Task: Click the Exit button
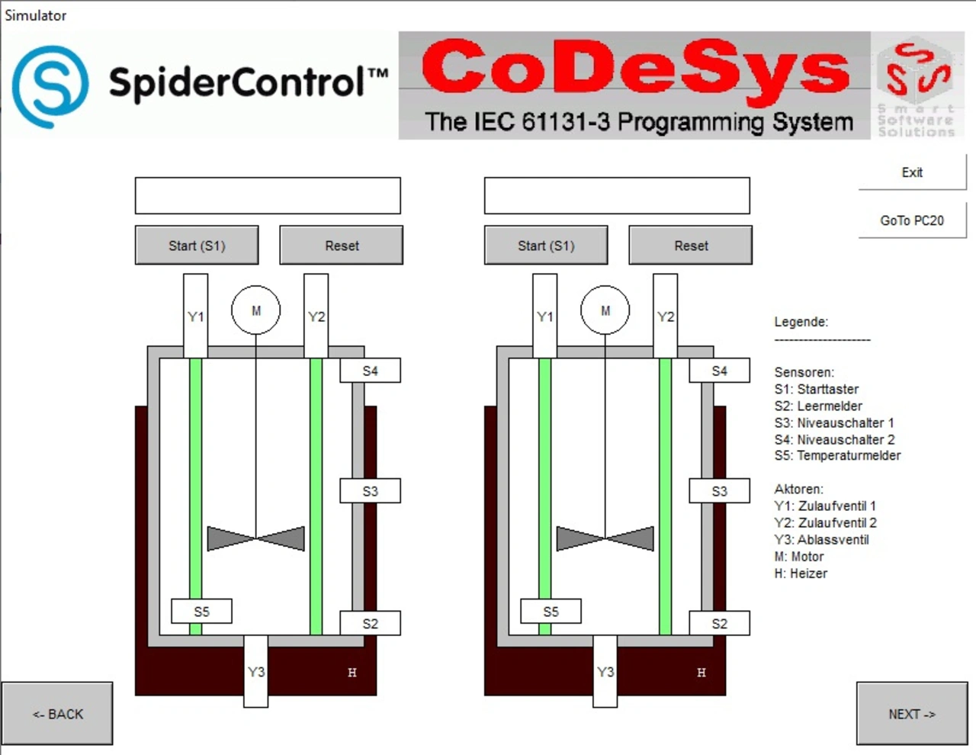click(912, 172)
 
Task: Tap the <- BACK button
click(57, 714)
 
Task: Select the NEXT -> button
click(912, 714)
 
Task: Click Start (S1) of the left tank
click(197, 246)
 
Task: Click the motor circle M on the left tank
click(256, 310)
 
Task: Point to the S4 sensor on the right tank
click(719, 371)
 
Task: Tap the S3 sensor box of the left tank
click(370, 491)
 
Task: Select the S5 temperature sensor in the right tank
click(551, 611)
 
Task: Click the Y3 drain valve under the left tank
click(256, 671)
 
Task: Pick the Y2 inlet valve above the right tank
click(665, 316)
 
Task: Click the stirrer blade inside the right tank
click(605, 538)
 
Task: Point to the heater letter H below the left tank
click(352, 673)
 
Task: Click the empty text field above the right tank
click(617, 196)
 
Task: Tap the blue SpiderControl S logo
click(50, 86)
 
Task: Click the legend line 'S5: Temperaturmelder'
click(837, 455)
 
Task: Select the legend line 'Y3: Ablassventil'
click(821, 539)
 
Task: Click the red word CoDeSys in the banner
click(635, 69)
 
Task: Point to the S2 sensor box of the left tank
click(370, 623)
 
